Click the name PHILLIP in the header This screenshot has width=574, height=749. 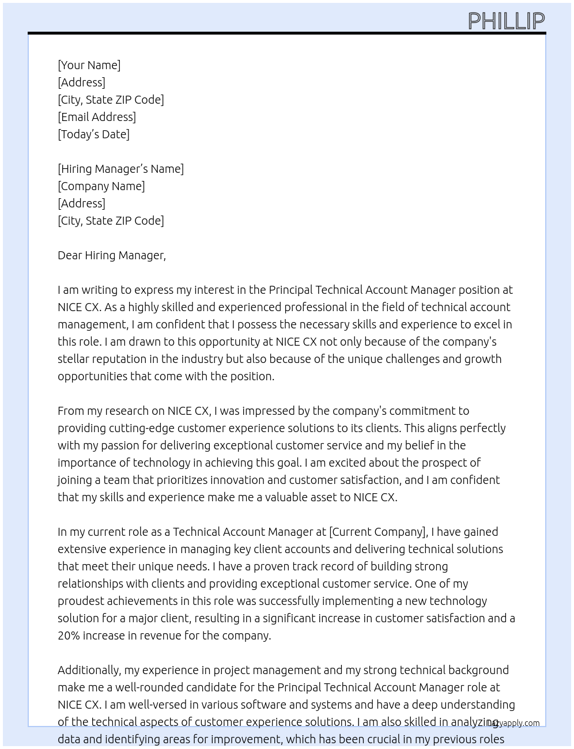coord(506,21)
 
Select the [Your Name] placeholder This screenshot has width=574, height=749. coord(89,65)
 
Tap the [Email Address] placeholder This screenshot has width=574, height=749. coord(97,117)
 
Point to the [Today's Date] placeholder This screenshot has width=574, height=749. coord(93,134)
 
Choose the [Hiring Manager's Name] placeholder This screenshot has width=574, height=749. coord(120,169)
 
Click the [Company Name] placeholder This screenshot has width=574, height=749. coord(101,186)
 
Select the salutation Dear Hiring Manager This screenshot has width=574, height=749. coord(111,255)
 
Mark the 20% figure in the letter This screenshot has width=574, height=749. coord(69,635)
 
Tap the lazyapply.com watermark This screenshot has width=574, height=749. coord(515,723)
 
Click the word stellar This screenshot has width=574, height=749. coord(73,359)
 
